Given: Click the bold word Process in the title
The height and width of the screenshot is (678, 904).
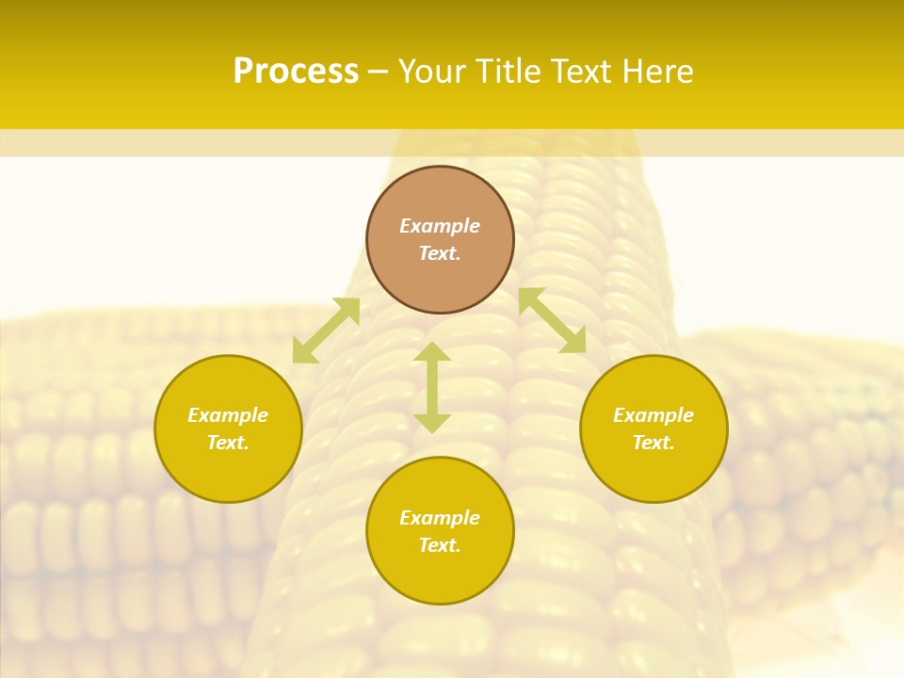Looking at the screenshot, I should [296, 72].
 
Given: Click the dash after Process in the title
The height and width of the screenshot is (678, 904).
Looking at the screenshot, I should [378, 73].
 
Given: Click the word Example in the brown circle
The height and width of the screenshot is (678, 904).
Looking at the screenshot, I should [440, 226].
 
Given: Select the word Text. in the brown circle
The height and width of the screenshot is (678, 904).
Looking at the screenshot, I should [440, 253].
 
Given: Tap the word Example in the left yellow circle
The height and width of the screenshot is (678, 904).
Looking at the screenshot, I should [228, 415].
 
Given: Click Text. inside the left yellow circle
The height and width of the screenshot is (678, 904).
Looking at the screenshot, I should [228, 443].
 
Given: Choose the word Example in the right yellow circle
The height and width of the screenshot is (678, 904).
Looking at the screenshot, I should [654, 415].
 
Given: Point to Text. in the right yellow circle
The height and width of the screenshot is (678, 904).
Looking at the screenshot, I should [654, 443].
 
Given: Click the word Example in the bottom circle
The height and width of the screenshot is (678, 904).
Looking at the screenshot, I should [440, 518].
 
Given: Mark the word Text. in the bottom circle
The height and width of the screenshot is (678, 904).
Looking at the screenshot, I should [440, 545].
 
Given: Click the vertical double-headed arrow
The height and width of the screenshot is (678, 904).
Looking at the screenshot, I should [432, 388].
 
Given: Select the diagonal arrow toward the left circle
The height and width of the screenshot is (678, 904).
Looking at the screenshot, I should [326, 331].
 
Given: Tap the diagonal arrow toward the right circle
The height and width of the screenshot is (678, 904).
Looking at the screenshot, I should [552, 320].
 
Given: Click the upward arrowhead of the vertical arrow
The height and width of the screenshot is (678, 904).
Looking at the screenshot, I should [432, 351].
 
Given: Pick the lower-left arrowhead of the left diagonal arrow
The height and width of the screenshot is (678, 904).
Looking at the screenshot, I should [303, 352].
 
